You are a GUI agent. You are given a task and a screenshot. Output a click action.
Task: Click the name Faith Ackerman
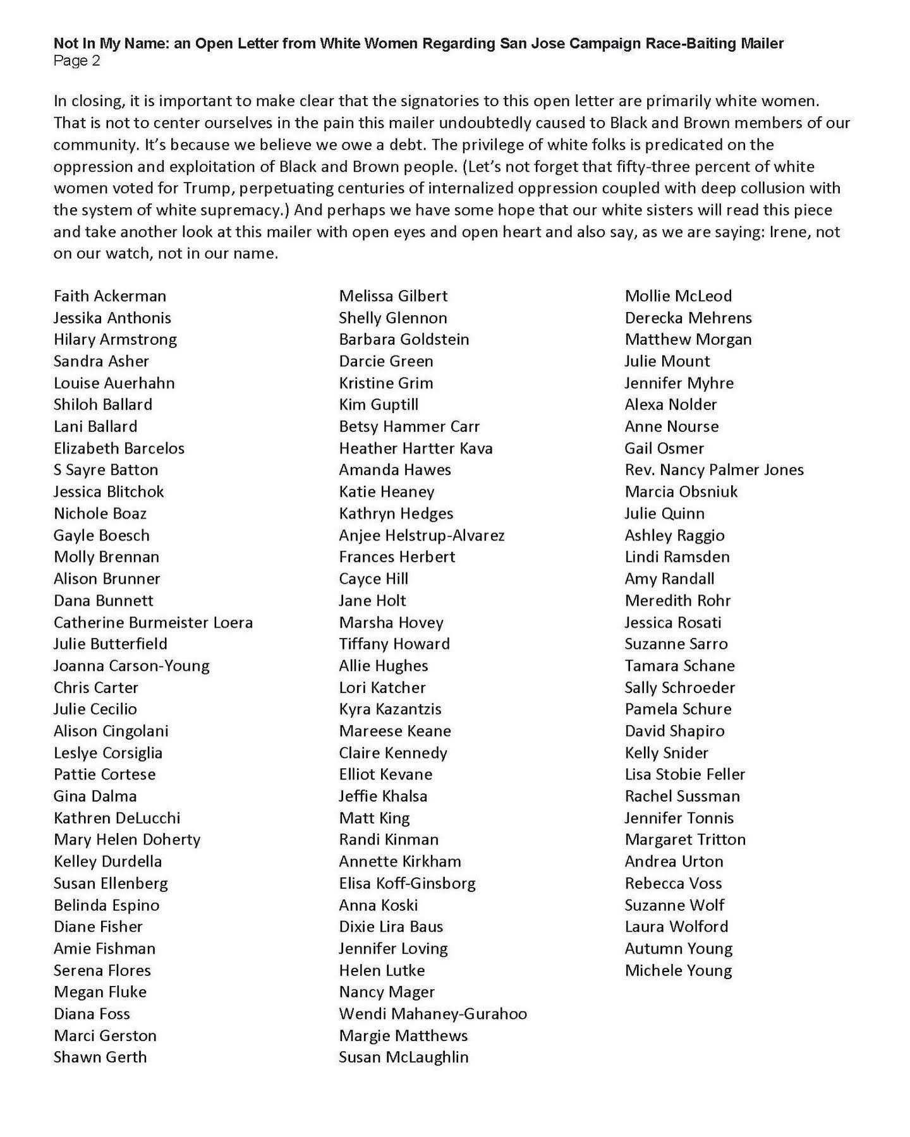(110, 296)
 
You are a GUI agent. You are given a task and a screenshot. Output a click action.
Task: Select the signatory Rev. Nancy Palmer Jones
(714, 470)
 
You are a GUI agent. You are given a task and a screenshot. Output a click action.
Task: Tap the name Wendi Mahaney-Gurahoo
(433, 1014)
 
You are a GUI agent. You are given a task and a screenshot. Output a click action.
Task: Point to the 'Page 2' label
(76, 61)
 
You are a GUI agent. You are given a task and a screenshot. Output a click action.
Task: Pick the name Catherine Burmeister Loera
(153, 622)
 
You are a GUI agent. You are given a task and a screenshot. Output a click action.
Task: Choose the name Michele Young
(678, 970)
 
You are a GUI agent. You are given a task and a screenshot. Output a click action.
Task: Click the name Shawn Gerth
(100, 1057)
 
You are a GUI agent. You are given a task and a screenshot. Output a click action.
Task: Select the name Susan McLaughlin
(404, 1057)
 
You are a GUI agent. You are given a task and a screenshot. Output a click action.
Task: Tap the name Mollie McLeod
(678, 296)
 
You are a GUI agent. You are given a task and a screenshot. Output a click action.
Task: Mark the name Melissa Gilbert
(393, 296)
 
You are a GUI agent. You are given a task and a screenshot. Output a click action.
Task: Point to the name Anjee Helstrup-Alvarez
(422, 536)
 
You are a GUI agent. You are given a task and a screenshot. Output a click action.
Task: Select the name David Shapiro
(674, 731)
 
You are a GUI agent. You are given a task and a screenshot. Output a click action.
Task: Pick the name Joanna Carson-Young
(131, 666)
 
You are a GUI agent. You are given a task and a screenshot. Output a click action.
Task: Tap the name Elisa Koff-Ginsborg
(407, 883)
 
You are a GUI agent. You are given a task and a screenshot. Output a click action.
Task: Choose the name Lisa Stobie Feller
(685, 774)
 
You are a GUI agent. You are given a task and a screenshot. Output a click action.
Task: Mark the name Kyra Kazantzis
(390, 709)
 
